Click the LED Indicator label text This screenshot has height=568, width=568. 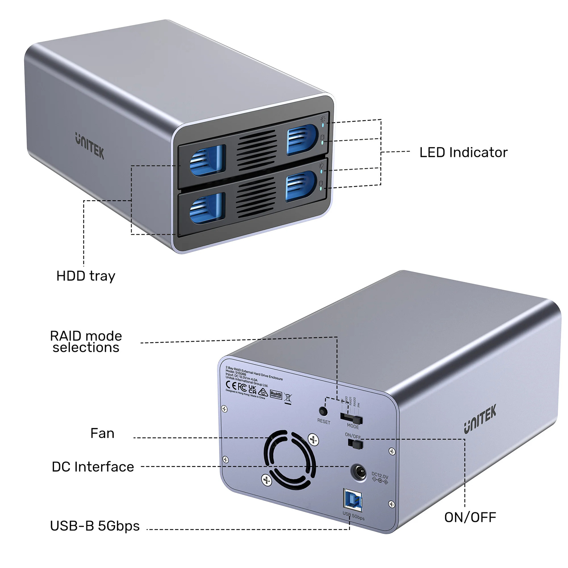pos(463,152)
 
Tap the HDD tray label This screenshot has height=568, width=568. pos(86,276)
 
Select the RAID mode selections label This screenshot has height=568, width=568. pos(86,342)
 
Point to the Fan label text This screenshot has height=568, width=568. pos(102,433)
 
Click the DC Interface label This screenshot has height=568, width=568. pos(93,466)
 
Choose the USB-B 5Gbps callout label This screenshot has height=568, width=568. pos(95,526)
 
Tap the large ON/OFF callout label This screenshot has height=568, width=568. pos(470,517)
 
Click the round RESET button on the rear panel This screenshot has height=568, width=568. pos(323,411)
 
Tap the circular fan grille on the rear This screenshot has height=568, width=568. pos(290,459)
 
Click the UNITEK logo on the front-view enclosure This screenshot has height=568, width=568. pos(90,146)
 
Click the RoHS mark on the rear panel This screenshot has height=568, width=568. pos(276,394)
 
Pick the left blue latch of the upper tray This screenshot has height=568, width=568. pos(208,160)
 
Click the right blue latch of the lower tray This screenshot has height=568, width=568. pos(301,186)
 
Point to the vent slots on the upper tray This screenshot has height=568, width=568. pos(257,149)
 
